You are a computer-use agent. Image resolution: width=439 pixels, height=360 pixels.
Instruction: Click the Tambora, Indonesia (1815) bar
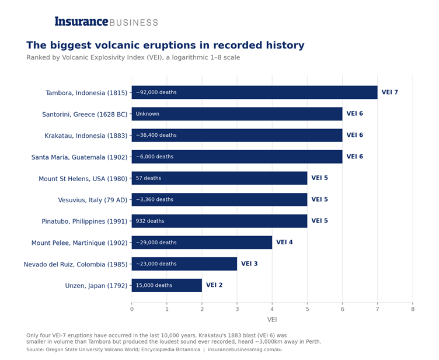click(x=255, y=92)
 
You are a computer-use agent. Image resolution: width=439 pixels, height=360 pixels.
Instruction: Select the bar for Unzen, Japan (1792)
click(x=167, y=285)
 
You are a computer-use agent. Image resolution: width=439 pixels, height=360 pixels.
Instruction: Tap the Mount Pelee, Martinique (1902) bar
click(x=202, y=243)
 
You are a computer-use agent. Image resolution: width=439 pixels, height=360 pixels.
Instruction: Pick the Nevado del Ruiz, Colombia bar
click(x=184, y=264)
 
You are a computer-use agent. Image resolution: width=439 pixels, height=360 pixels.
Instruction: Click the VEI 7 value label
click(x=390, y=92)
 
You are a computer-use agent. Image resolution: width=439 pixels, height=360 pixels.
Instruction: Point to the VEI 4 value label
click(x=284, y=243)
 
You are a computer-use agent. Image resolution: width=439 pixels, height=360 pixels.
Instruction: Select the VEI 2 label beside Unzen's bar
click(x=214, y=285)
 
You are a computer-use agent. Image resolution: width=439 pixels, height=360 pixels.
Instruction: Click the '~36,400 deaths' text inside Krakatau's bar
click(x=156, y=135)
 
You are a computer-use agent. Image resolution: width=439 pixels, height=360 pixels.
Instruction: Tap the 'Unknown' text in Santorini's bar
click(x=148, y=114)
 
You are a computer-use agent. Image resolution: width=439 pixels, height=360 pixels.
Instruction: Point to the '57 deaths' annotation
click(x=148, y=178)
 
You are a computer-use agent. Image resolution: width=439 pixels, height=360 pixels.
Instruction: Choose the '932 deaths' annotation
click(x=150, y=221)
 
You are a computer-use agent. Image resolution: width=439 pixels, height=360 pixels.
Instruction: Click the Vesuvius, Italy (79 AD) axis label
click(x=93, y=200)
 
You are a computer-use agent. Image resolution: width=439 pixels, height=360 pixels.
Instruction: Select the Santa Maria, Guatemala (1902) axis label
click(x=79, y=157)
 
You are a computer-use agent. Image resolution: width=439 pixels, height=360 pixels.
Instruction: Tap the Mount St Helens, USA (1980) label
click(x=83, y=179)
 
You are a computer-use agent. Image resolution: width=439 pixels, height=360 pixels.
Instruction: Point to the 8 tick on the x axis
click(x=413, y=309)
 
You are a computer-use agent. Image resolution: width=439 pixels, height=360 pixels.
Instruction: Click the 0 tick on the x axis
click(x=132, y=309)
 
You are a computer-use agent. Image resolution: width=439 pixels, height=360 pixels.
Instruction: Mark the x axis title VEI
click(x=272, y=320)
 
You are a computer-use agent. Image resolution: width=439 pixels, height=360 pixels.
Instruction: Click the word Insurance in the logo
click(x=81, y=21)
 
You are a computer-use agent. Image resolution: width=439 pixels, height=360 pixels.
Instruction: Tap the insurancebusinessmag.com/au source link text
click(x=245, y=349)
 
